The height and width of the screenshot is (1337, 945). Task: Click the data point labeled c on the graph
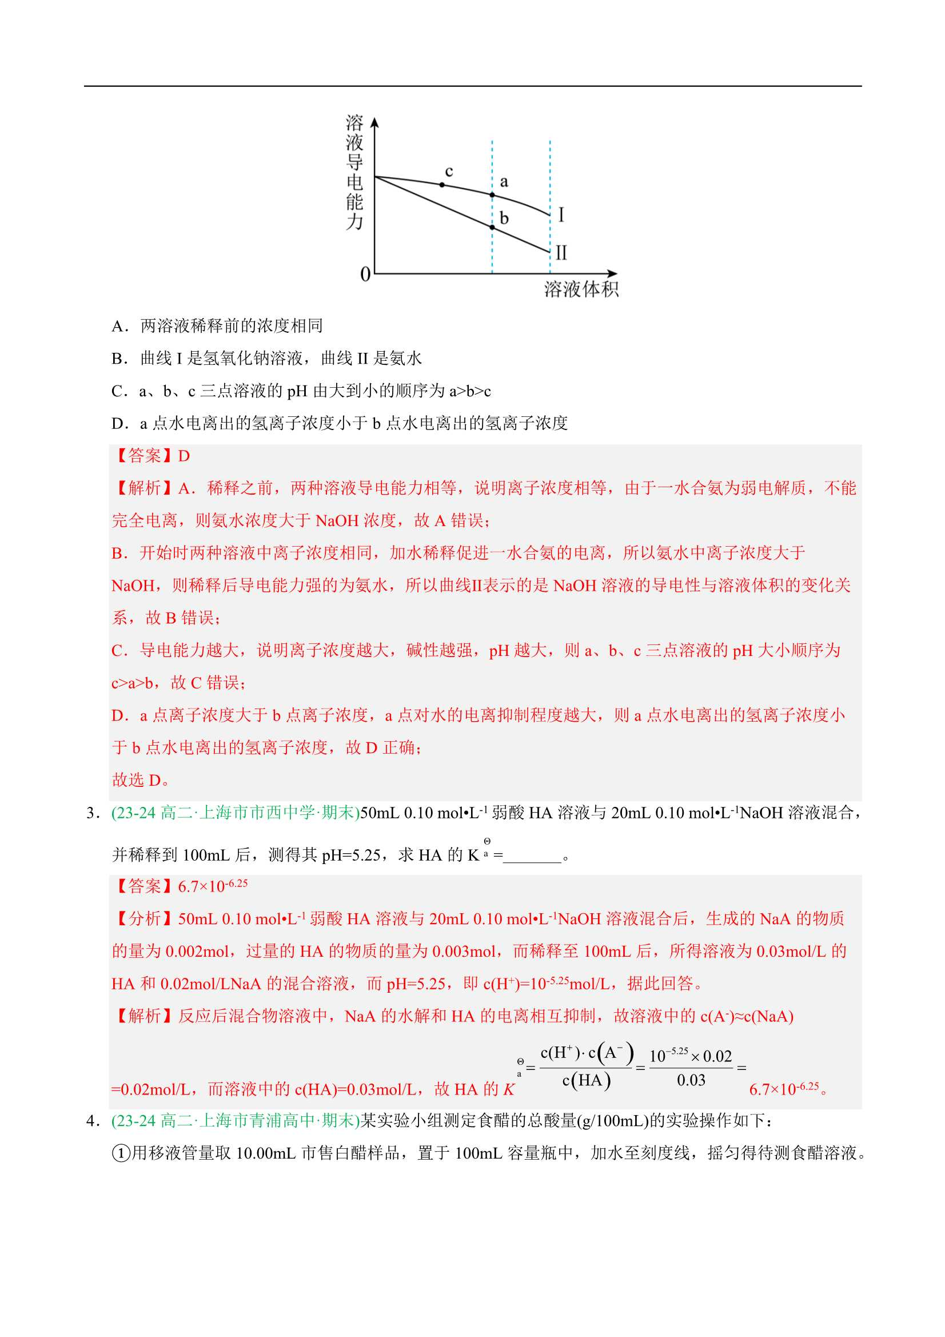click(442, 185)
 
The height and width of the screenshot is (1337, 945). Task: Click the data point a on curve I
click(492, 195)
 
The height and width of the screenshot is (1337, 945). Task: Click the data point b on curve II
click(492, 227)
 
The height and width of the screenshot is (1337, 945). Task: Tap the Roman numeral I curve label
click(561, 215)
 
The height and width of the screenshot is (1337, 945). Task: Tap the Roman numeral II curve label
click(561, 253)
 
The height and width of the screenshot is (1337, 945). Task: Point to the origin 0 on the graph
click(365, 274)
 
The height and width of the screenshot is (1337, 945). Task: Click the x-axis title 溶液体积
click(580, 289)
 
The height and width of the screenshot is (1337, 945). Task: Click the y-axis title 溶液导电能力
click(354, 172)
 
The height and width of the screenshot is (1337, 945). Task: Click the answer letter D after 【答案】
click(184, 456)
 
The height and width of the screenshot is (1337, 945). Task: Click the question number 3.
click(92, 813)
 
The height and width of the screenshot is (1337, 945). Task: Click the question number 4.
click(92, 1120)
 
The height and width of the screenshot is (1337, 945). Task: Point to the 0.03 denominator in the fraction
click(691, 1080)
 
